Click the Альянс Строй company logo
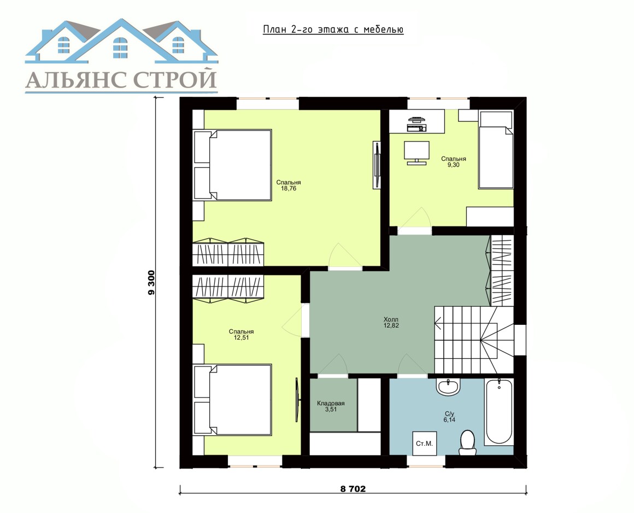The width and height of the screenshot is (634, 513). coord(121,56)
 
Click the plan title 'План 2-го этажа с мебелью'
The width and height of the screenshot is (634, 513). coord(333,30)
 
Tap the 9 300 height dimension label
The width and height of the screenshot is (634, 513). coord(151,283)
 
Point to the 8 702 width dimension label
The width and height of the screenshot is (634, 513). coord(353,489)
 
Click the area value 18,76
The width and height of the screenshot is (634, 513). coord(288,188)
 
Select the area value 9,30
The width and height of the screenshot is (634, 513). coord(453,165)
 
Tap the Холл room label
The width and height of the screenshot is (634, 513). coord(391,319)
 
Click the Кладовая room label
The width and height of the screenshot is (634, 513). coord(331,404)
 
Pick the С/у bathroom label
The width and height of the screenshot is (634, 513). coord(450,414)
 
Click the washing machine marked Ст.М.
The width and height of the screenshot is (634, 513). coord(424,444)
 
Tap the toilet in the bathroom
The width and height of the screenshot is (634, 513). coord(467,442)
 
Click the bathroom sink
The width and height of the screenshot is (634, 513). coord(448,386)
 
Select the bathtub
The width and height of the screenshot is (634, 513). coord(499,411)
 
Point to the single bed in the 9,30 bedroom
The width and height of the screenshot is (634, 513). coord(496,150)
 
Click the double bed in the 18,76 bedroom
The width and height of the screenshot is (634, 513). coord(232,165)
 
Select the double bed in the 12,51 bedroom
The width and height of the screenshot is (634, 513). coord(232,400)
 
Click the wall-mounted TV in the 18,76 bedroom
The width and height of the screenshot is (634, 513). coord(377,165)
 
